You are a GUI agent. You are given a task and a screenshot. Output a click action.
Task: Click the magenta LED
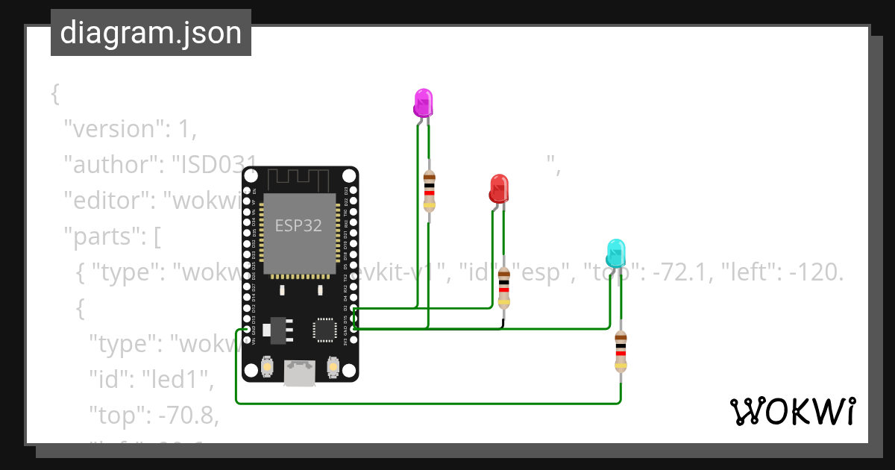coord(423,103)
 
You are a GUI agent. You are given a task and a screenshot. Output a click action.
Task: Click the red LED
coord(499,188)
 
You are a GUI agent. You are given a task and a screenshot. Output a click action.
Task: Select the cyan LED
coord(615,254)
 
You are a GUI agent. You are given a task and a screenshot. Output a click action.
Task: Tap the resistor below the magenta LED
coord(429,191)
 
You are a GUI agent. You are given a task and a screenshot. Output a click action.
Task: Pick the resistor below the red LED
coord(505,289)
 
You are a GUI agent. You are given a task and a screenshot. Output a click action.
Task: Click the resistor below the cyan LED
coord(621,350)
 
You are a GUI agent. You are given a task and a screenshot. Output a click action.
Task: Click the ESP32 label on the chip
coord(298,225)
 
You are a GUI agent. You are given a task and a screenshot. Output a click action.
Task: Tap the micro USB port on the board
coord(299,373)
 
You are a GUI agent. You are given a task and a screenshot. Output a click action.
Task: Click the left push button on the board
coord(267,367)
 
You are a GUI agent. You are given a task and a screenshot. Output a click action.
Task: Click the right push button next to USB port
coord(333,367)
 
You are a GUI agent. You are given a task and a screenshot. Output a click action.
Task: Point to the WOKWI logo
coord(792,412)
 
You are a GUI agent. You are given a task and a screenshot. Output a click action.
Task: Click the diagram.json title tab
coord(151,33)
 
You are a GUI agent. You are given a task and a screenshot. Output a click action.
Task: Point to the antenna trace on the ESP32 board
coord(298,179)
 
